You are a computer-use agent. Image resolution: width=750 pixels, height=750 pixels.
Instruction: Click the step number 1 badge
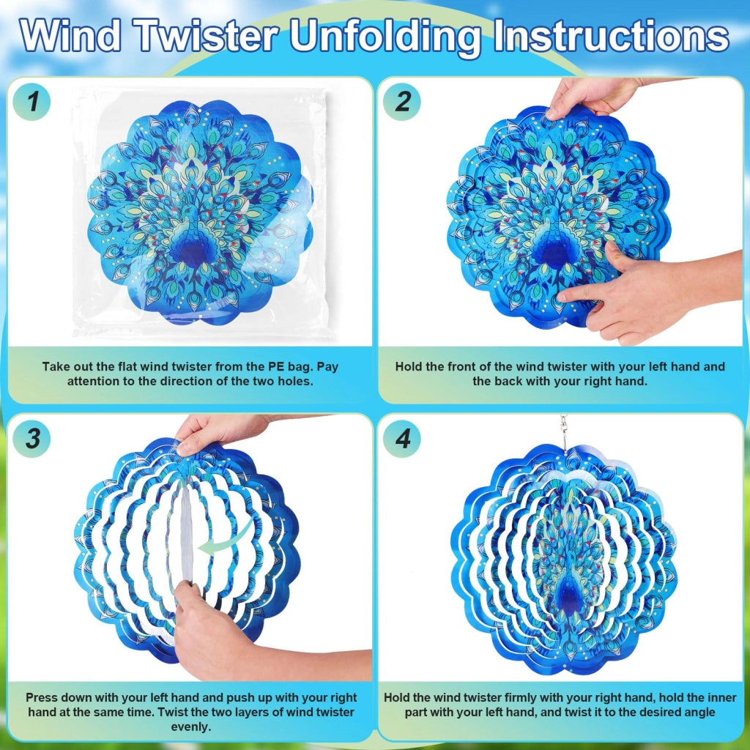tap(31, 101)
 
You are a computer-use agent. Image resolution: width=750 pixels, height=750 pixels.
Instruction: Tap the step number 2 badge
tap(402, 101)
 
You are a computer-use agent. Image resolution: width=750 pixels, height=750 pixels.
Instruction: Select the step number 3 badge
tap(31, 438)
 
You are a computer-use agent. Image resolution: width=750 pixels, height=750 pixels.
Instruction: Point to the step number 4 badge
tap(402, 438)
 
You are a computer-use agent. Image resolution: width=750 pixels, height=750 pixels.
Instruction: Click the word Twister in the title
tap(206, 36)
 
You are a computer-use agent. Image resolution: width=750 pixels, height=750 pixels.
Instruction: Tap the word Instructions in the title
tap(610, 36)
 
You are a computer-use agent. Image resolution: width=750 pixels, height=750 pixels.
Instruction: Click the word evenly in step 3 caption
tap(191, 727)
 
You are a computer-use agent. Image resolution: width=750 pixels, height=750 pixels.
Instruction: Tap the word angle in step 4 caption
tap(699, 712)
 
